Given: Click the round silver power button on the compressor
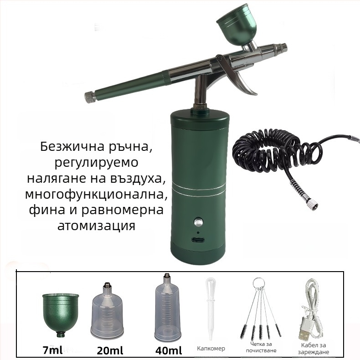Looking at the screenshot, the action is click(198, 222).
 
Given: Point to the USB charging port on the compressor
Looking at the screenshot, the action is click(198, 240).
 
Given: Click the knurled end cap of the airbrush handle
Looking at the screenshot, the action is click(90, 97).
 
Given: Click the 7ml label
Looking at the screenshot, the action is click(52, 350).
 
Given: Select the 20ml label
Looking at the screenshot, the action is click(110, 350).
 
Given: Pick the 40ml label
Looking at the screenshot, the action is click(169, 350).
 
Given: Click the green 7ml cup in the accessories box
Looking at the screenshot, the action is click(61, 314).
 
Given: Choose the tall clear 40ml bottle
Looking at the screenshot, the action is click(167, 308).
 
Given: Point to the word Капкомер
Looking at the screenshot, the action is click(211, 349).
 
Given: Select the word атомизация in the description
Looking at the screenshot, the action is click(96, 226).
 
